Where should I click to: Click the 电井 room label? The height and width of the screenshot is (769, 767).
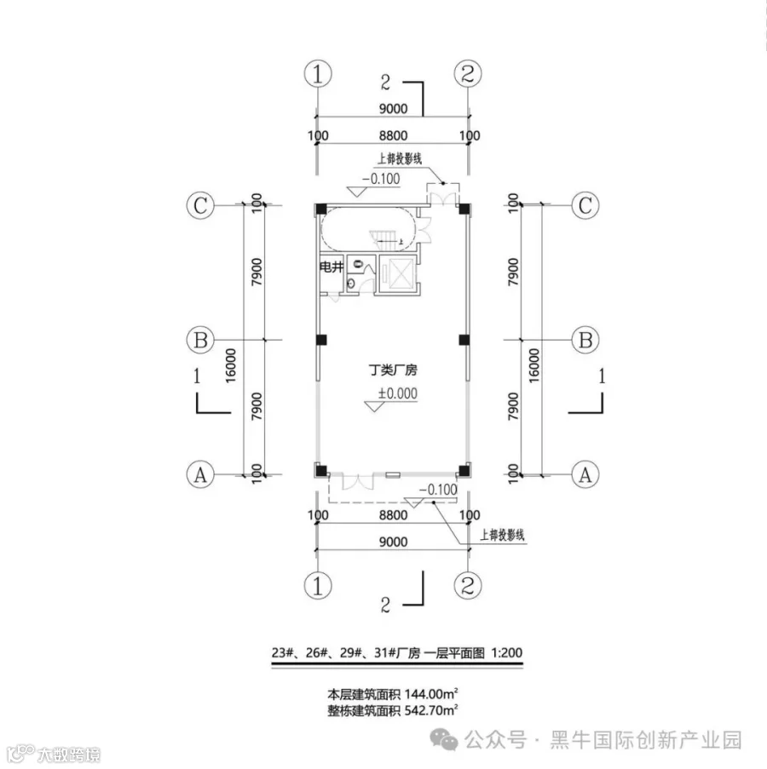331,267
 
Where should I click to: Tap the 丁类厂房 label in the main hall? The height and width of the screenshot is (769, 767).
392,371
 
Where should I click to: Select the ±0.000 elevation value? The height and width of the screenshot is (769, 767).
397,393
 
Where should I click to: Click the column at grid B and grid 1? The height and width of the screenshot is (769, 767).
320,341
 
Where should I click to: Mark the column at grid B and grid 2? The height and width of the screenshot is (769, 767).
464,341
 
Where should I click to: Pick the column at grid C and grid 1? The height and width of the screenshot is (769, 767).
320,209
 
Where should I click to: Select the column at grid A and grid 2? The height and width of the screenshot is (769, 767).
464,470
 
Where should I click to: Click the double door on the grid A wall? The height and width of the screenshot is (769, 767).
356,480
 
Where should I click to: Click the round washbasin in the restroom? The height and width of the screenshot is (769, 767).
351,286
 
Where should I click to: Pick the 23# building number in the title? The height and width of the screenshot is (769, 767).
283,653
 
